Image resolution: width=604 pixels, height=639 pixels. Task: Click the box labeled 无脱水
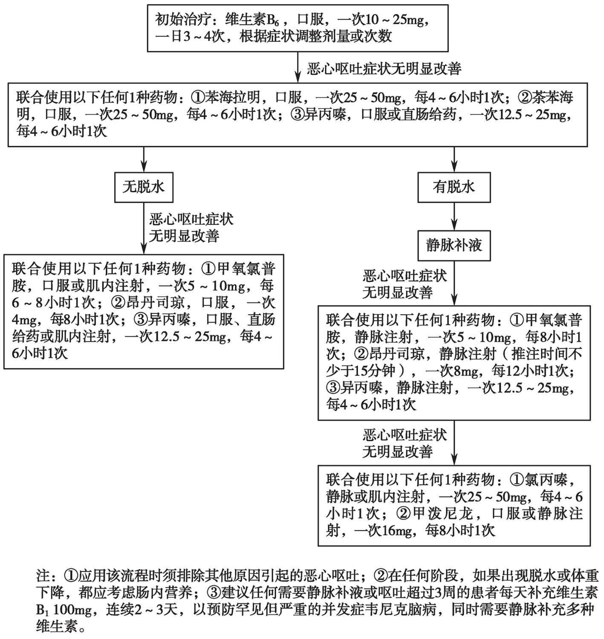144,187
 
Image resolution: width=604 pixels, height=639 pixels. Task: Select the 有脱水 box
454,187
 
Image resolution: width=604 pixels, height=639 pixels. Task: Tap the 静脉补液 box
454,245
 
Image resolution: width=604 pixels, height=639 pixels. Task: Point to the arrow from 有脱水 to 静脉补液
454,216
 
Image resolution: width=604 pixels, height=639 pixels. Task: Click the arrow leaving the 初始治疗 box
298,67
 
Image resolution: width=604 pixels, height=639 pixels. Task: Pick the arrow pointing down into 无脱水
144,160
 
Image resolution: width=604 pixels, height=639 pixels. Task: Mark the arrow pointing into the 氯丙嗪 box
454,443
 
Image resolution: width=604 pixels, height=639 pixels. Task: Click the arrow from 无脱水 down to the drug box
144,228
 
